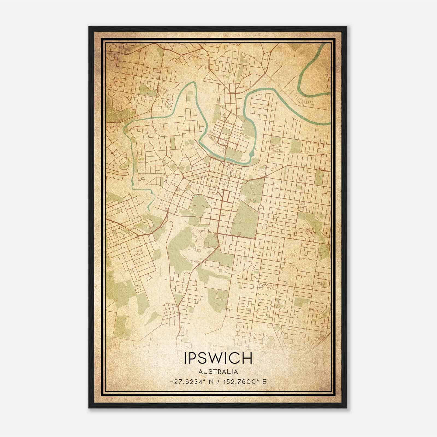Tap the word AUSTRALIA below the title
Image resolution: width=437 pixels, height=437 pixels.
(x=218, y=372)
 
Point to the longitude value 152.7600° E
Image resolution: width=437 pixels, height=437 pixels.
(x=244, y=382)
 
